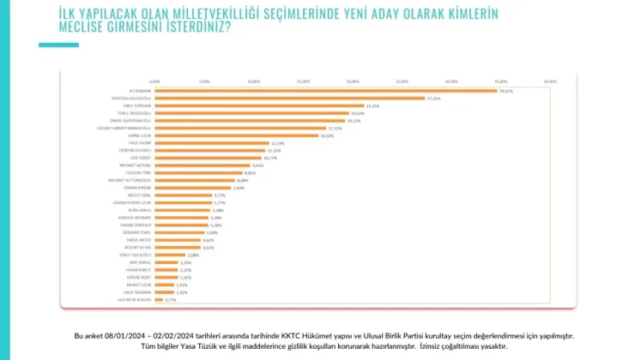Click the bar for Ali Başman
tap(326, 90)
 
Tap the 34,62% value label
tap(505, 90)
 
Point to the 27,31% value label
tap(433, 98)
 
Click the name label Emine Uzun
tap(139, 135)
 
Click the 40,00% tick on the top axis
tap(550, 81)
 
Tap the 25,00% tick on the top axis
tap(402, 81)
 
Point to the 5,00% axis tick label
tap(204, 81)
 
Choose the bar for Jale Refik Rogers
tap(158, 299)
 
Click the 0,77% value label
tap(170, 299)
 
